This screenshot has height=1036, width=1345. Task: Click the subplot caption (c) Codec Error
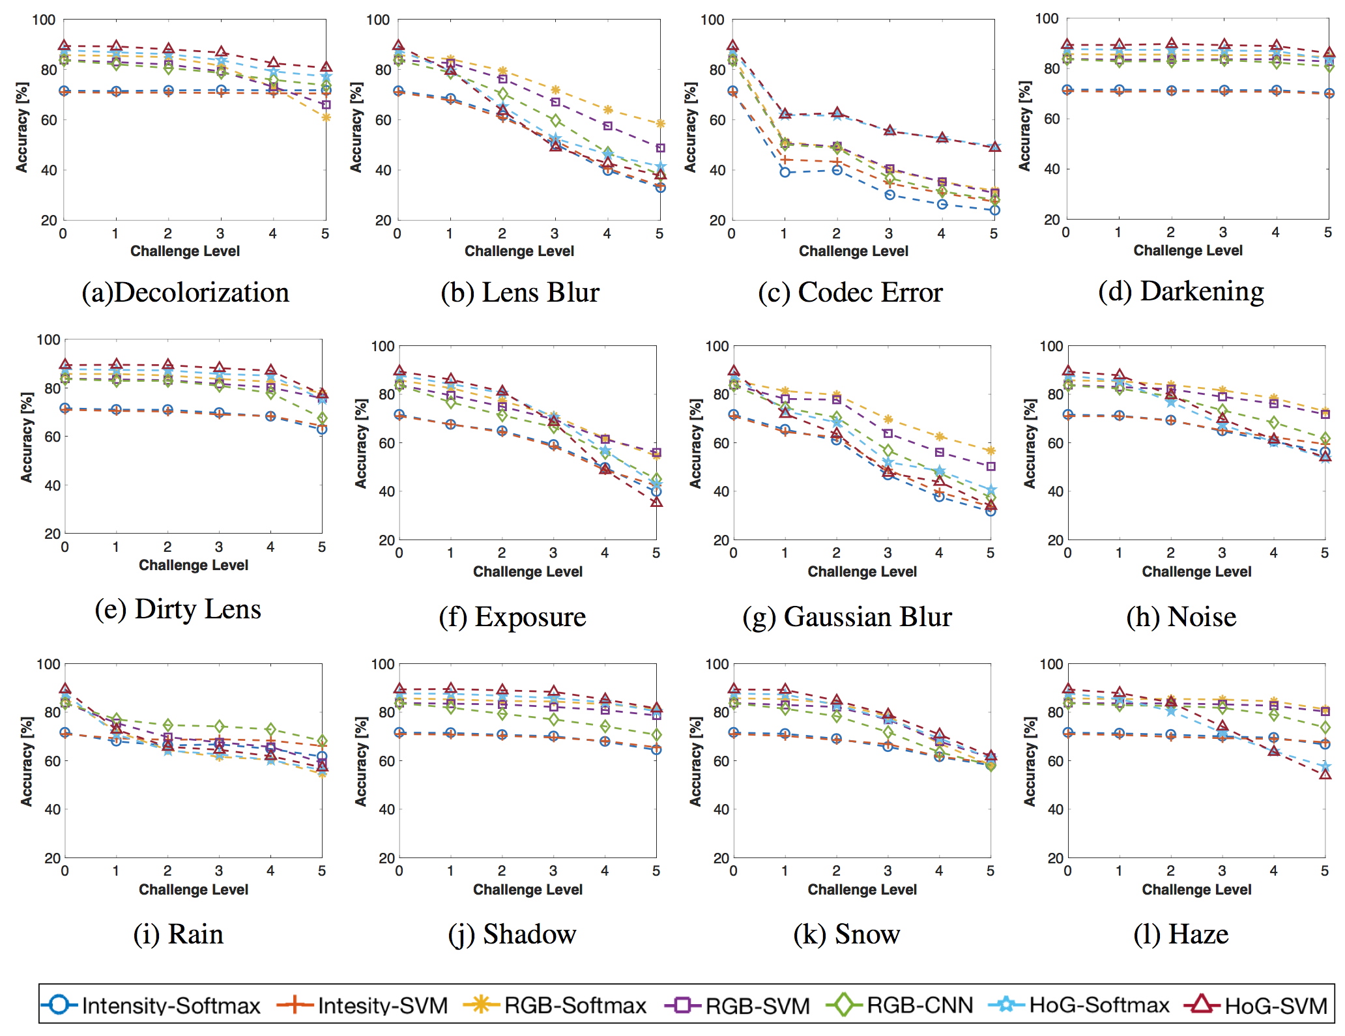coord(850,292)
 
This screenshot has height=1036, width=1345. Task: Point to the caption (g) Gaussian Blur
coord(847,616)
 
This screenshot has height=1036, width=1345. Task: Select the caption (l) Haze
coord(1181,934)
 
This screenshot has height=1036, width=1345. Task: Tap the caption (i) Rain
coord(178,934)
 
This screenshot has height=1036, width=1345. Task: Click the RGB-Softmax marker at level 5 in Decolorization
coord(326,117)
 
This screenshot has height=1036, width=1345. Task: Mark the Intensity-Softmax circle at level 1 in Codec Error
coord(785,172)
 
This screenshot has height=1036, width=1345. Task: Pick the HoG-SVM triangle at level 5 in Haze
coord(1325,774)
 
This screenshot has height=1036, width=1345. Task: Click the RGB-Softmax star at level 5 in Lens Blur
coord(660,124)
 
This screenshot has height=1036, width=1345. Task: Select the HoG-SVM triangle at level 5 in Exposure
coord(656,502)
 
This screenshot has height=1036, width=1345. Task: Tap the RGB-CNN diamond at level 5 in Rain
coord(322,741)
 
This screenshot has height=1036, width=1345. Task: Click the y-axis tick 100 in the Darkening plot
coord(1047,18)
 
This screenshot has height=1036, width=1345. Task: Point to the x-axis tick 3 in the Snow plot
coord(888,871)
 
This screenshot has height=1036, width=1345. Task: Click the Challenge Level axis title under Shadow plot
coord(528,889)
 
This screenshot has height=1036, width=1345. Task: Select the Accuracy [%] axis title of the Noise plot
coord(1030,443)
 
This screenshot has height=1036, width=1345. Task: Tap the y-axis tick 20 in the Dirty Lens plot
coord(52,534)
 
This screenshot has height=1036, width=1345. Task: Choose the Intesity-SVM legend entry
coord(362,1005)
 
